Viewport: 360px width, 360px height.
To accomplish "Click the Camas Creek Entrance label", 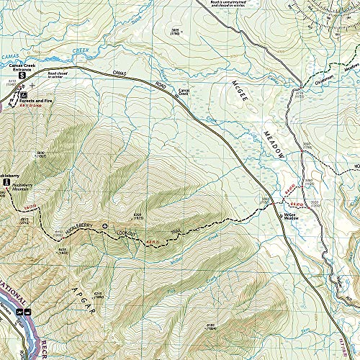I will pos(23,66).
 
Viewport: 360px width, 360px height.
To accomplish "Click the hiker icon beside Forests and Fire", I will pos(24,95).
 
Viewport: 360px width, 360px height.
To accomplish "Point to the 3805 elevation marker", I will pos(174,30).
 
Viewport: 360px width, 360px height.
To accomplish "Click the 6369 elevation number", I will pos(138,214).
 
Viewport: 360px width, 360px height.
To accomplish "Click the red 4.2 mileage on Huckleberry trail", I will pos(153,241).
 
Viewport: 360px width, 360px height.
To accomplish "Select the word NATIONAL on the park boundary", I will pos(14,287).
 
